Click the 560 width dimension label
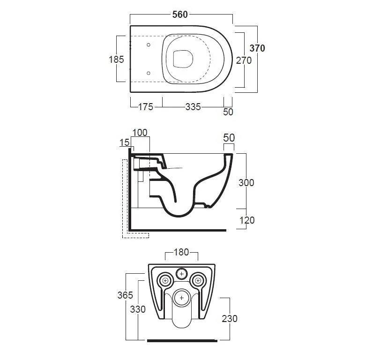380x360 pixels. click(x=180, y=15)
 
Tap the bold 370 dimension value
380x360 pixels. click(x=257, y=48)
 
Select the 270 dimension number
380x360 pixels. click(x=244, y=60)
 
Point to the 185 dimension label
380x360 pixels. click(x=116, y=60)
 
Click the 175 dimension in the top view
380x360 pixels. click(x=146, y=107)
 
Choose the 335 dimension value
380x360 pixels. click(x=193, y=107)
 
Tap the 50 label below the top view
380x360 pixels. click(x=228, y=112)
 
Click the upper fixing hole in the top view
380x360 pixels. click(x=149, y=45)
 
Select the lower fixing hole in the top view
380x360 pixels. click(x=149, y=73)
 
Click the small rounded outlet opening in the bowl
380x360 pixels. click(x=183, y=59)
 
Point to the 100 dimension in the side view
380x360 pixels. click(x=140, y=133)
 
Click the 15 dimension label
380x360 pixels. click(x=125, y=142)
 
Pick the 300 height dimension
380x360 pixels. click(x=246, y=183)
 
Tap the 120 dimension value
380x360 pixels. click(x=247, y=220)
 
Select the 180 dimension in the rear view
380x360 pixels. click(x=181, y=252)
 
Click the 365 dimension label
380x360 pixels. click(x=125, y=295)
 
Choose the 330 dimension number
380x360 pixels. click(x=138, y=309)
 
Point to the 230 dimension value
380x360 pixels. click(x=230, y=319)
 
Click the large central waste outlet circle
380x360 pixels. click(x=181, y=298)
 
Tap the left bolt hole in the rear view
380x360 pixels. click(x=165, y=281)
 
